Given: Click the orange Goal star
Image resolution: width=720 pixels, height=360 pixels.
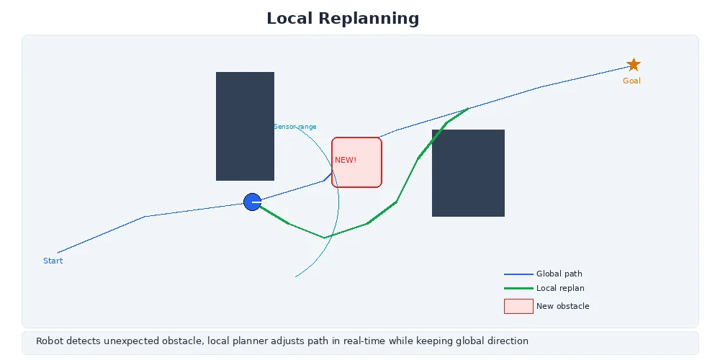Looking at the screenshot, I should [x=633, y=65].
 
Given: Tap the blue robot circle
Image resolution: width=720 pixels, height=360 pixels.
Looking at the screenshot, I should [x=252, y=202].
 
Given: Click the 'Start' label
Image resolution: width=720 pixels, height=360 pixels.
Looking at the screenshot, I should [x=53, y=261].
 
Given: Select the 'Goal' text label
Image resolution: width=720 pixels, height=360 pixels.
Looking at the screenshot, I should [x=631, y=81].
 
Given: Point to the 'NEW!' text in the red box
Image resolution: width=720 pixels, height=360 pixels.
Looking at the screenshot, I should [x=346, y=160].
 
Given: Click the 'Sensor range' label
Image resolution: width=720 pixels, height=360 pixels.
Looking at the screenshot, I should [x=295, y=127].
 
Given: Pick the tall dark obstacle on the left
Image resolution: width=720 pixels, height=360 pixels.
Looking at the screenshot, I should [x=245, y=126].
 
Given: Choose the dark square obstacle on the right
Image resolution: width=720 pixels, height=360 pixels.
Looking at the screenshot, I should [x=468, y=173].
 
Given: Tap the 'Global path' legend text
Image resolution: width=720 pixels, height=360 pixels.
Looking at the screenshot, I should [x=559, y=274].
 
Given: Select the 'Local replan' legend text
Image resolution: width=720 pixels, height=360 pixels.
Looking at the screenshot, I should [x=560, y=288].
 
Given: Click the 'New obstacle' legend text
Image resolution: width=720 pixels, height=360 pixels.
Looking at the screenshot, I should [x=562, y=306].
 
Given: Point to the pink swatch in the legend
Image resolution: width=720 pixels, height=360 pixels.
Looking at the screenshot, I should [x=518, y=306].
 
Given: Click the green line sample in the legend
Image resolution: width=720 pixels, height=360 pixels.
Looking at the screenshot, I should [x=518, y=288].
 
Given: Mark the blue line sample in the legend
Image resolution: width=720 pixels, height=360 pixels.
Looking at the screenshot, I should [x=518, y=274].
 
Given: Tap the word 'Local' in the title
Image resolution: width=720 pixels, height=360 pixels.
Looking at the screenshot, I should [x=292, y=18].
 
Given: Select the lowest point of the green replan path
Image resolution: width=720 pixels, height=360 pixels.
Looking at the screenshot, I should [x=324, y=238].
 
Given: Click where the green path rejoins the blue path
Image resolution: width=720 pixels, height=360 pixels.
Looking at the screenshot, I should [x=469, y=108].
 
